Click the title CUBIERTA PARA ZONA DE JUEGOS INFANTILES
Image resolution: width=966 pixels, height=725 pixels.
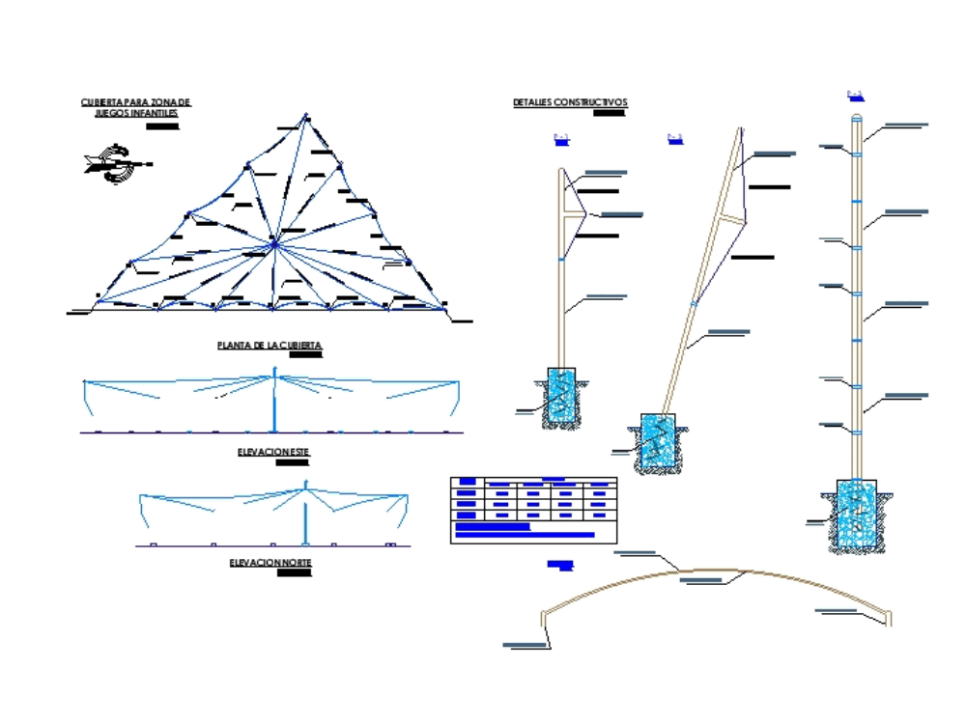pos(136,107)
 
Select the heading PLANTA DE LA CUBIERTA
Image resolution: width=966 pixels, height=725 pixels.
pos(270,345)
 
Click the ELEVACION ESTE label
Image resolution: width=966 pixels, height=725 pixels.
pos(273,451)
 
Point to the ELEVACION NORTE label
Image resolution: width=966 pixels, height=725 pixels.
pos(270,562)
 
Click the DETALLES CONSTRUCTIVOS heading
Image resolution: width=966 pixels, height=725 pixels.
pos(570,102)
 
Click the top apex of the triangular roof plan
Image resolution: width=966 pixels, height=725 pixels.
pos(306,117)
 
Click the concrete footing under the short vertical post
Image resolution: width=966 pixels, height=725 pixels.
pos(560,396)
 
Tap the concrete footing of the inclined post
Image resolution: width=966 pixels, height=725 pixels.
pos(657,442)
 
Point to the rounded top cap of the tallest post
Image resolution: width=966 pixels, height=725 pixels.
pos(857,118)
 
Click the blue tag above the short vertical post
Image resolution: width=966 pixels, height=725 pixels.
pos(561,140)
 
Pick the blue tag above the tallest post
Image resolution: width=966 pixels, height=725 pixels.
pos(854,95)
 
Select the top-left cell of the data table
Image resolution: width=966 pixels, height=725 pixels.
pos(467,481)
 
